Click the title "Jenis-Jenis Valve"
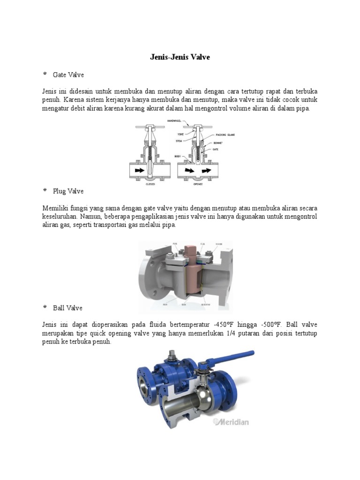pyautogui.click(x=180, y=57)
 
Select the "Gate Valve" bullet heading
pyautogui.click(x=68, y=75)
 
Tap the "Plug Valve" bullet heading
pyautogui.click(x=68, y=191)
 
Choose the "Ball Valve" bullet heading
pyautogui.click(x=67, y=308)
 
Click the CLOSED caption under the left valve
pyautogui.click(x=150, y=184)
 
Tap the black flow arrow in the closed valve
pyautogui.click(x=140, y=171)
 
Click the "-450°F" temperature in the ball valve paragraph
pyautogui.click(x=222, y=324)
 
